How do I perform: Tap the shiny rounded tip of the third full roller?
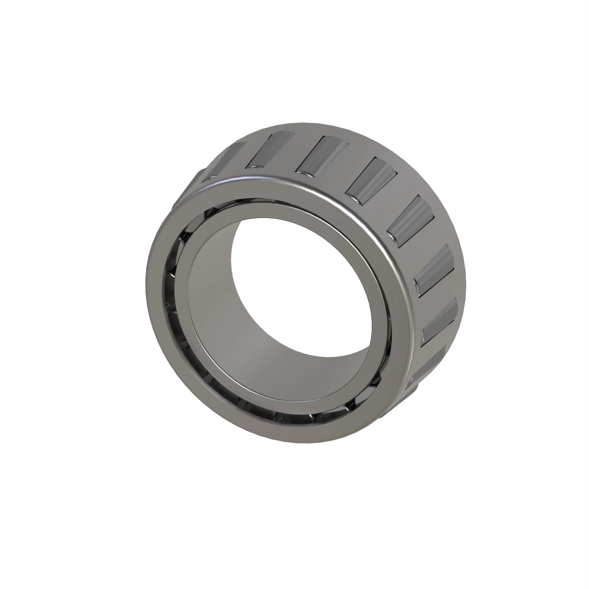[x=355, y=198]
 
